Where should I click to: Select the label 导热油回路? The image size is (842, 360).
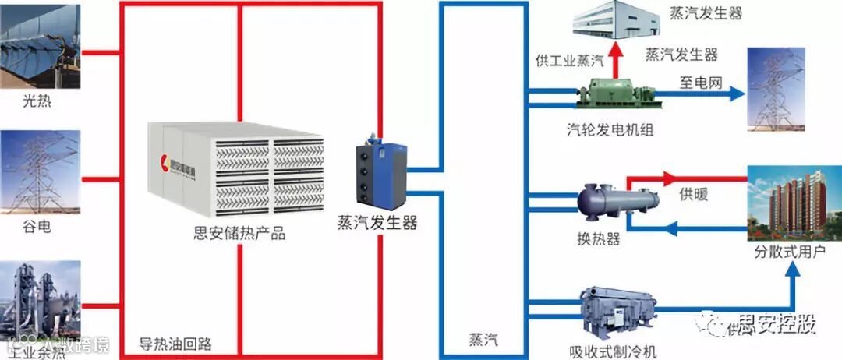coord(175,344)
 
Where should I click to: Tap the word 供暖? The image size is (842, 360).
coord(693,194)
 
